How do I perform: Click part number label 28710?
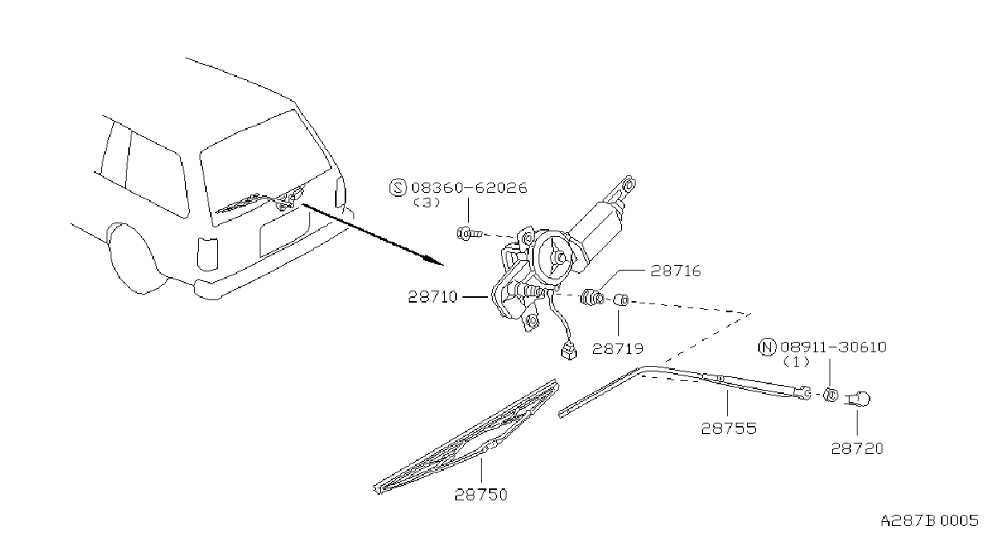click(x=433, y=297)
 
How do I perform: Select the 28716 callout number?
click(x=676, y=271)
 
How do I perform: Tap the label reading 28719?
click(x=618, y=349)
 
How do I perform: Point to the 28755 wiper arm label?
click(x=729, y=428)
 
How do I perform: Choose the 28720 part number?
click(x=857, y=449)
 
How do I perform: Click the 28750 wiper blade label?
click(x=481, y=495)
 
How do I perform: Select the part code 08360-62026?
click(x=469, y=188)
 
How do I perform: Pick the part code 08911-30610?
click(x=834, y=347)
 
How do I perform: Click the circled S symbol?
click(x=398, y=188)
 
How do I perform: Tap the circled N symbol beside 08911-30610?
click(x=767, y=347)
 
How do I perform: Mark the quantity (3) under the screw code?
click(x=427, y=203)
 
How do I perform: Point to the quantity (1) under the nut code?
click(x=797, y=363)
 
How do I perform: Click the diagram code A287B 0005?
click(x=930, y=521)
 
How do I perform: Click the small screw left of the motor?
click(x=469, y=234)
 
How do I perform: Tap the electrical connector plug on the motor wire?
click(x=568, y=351)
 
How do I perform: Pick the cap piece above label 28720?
click(x=858, y=399)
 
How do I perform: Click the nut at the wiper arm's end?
click(x=830, y=395)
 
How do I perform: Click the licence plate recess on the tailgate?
click(x=285, y=233)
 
